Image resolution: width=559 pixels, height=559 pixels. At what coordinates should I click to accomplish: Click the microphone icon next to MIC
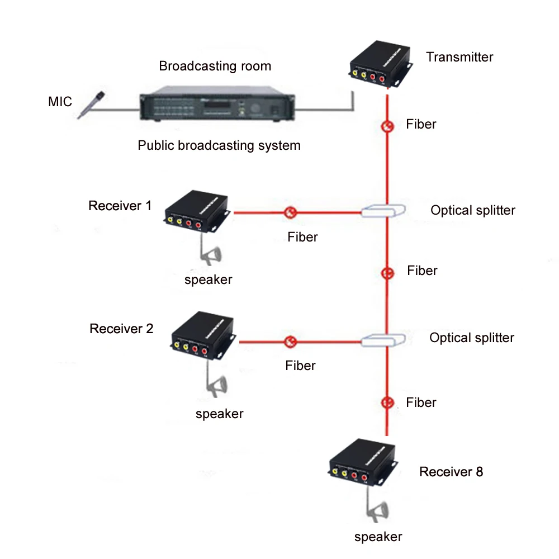(92, 105)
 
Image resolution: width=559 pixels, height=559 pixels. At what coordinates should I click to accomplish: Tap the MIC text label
(60, 102)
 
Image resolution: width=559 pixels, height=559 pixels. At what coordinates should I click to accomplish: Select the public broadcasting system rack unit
(217, 103)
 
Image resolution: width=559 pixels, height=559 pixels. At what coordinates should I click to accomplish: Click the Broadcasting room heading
(215, 66)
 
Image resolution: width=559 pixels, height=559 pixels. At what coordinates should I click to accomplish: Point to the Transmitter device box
(380, 64)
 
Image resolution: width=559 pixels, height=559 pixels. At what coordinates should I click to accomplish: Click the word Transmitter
(459, 57)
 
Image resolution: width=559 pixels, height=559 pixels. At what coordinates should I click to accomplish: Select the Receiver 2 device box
(204, 335)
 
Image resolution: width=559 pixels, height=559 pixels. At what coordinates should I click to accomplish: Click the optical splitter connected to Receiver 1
(383, 211)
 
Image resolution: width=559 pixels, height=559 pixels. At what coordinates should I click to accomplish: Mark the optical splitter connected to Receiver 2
(383, 340)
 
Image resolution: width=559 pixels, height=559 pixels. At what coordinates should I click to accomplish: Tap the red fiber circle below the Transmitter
(387, 126)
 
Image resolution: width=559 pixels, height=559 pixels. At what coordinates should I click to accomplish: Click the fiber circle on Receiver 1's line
(291, 212)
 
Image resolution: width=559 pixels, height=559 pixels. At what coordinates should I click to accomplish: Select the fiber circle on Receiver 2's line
(291, 342)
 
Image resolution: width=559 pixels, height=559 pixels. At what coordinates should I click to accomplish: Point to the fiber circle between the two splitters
(387, 273)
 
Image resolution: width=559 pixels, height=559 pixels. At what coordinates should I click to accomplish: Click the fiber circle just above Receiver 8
(387, 403)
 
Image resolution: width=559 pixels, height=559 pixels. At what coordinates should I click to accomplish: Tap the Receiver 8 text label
(451, 472)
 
